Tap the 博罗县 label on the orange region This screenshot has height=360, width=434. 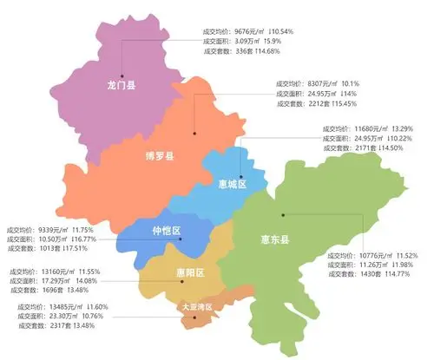(x=160, y=157)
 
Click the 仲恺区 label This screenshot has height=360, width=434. (x=165, y=231)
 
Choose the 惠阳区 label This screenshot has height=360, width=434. (x=188, y=273)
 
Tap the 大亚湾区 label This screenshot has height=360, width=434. (x=195, y=308)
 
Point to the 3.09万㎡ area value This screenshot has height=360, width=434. (x=250, y=41)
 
